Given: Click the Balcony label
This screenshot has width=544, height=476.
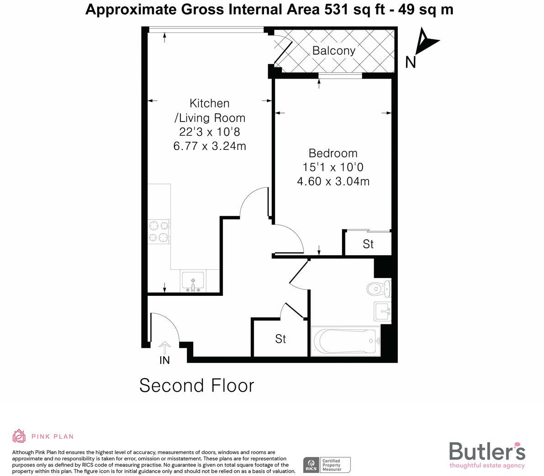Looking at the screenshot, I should (x=333, y=50).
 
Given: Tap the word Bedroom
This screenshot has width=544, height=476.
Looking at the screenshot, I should (x=333, y=153).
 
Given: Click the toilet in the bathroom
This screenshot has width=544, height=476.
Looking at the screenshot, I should (x=378, y=288).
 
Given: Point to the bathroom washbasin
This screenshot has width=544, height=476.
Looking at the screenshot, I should (x=382, y=311).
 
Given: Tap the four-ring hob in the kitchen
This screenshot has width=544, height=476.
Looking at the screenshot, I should (x=159, y=231).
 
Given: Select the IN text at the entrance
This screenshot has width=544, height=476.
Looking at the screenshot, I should (x=164, y=360).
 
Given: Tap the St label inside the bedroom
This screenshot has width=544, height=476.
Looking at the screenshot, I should (x=368, y=244).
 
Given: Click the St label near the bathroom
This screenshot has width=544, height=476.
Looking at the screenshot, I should (x=280, y=339).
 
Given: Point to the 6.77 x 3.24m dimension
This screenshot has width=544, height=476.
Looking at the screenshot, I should (x=210, y=146).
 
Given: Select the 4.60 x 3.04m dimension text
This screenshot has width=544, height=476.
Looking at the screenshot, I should (x=333, y=182).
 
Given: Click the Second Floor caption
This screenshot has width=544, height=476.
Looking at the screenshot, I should (x=196, y=385).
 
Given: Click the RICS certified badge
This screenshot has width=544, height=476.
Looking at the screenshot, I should (x=327, y=465).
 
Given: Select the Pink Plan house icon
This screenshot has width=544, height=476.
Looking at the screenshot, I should (x=19, y=436).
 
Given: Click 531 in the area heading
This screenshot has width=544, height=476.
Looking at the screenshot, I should (x=337, y=9).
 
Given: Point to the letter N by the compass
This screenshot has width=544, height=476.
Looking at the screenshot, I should (x=410, y=62).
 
